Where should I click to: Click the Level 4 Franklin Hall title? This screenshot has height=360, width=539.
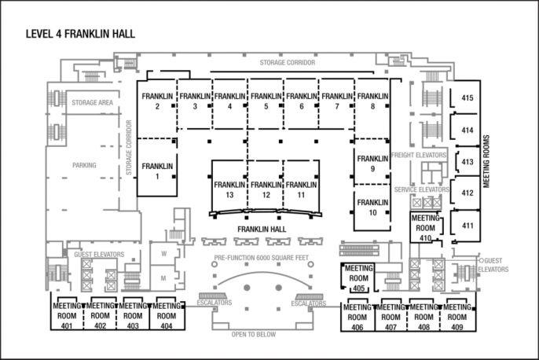click(x=80, y=34)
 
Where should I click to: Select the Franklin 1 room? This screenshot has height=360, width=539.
click(x=156, y=171)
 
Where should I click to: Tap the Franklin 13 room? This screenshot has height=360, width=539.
click(x=229, y=189)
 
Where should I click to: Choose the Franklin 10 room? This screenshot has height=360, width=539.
click(x=372, y=207)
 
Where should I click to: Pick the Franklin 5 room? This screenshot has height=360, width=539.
click(x=266, y=101)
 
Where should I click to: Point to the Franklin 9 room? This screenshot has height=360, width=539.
click(x=372, y=163)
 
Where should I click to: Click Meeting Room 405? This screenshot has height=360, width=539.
click(x=358, y=277)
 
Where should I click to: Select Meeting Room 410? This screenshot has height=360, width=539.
click(x=426, y=227)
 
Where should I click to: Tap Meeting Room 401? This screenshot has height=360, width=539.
click(x=67, y=315)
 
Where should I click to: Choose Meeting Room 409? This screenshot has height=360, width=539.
click(x=456, y=316)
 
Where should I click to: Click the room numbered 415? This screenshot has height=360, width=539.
click(x=467, y=98)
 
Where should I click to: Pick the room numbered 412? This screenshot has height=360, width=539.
click(x=467, y=193)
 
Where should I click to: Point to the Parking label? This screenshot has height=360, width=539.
click(x=84, y=166)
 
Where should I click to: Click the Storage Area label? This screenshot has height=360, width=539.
click(x=93, y=103)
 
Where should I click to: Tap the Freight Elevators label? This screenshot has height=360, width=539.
click(x=419, y=156)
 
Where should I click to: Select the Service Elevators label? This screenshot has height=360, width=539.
click(x=421, y=189)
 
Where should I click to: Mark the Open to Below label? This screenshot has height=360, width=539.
click(x=253, y=335)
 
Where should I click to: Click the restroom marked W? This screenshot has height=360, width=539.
click(x=163, y=254)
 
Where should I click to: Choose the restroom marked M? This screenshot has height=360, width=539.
click(x=163, y=277)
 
